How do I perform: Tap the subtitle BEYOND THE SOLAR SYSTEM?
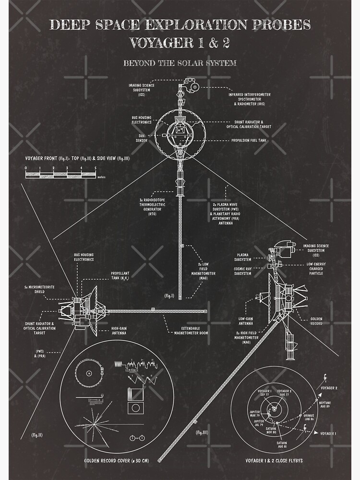180,63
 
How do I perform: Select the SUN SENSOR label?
140,138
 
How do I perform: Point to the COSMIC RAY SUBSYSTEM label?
242,271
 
